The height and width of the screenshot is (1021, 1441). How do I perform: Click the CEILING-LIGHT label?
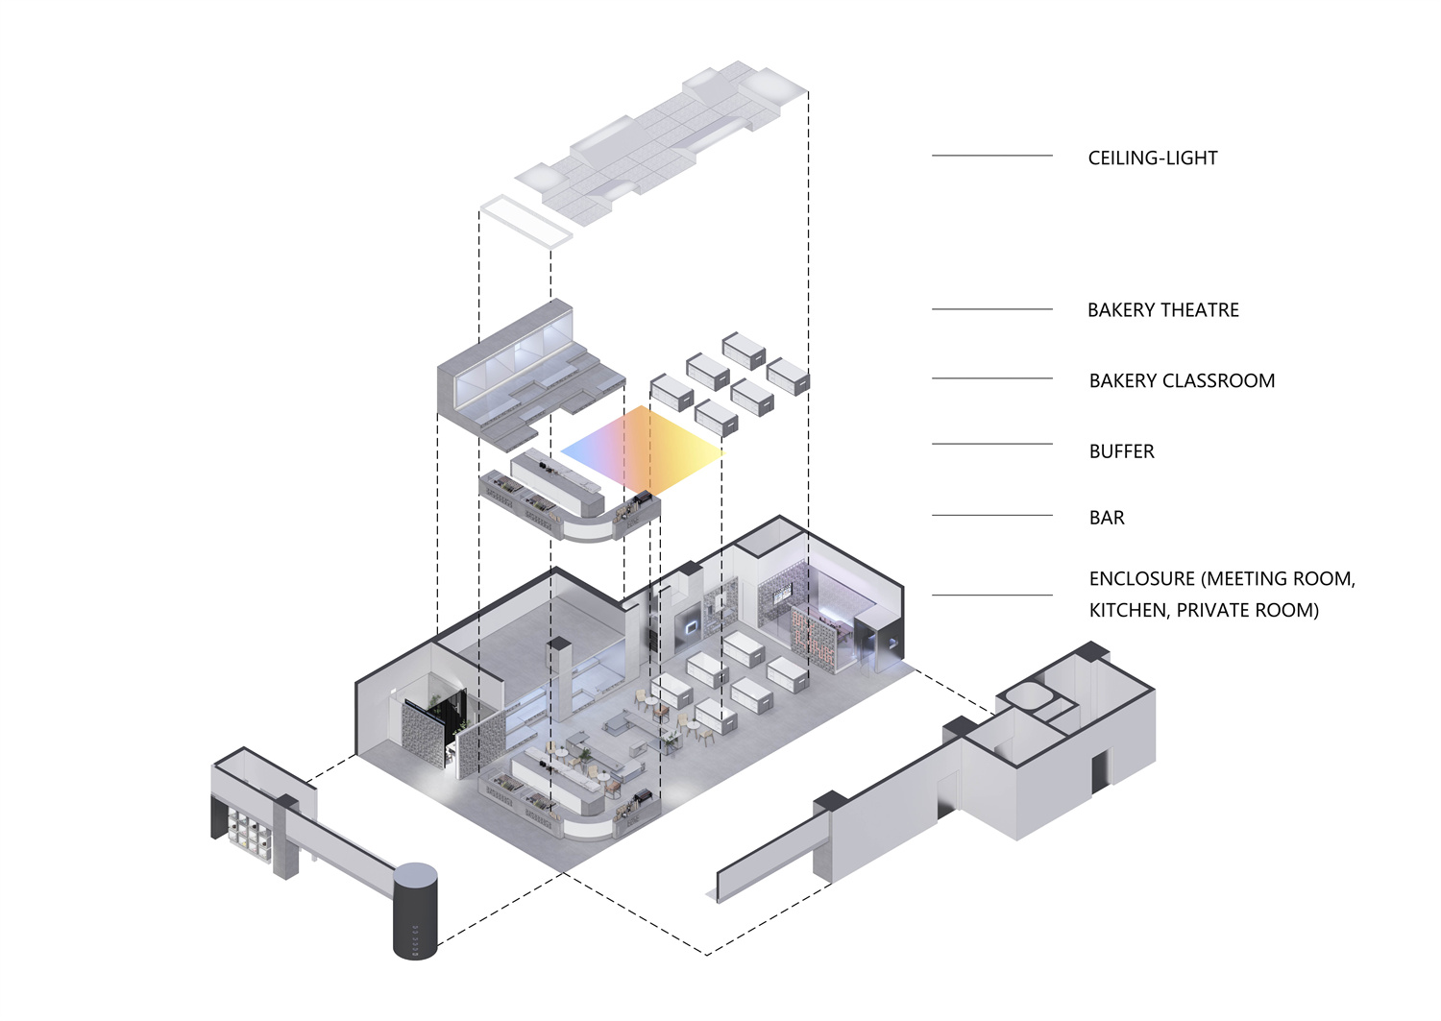[x=1152, y=158]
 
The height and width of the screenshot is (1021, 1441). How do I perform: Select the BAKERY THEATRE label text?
[x=1162, y=310]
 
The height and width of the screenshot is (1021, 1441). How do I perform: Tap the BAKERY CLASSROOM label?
[x=1182, y=381]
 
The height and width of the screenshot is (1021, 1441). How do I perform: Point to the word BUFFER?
[x=1121, y=451]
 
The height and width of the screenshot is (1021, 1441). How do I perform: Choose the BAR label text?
[x=1107, y=518]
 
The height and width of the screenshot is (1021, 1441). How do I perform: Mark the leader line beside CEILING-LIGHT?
[x=991, y=156]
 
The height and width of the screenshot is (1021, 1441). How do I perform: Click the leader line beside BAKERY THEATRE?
[x=991, y=309]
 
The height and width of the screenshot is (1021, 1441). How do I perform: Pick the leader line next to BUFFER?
[x=991, y=444]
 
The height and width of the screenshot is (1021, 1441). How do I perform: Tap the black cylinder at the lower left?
[x=415, y=911]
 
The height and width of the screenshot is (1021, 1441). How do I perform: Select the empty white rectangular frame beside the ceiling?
[x=525, y=222]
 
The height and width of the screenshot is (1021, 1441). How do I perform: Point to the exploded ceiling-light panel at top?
[x=663, y=134]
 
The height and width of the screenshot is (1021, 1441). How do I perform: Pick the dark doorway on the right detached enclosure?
[x=1097, y=773]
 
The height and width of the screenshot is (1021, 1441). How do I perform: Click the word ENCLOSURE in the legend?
[x=1141, y=579]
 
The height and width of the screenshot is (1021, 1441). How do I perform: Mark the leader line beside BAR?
[x=991, y=516]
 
